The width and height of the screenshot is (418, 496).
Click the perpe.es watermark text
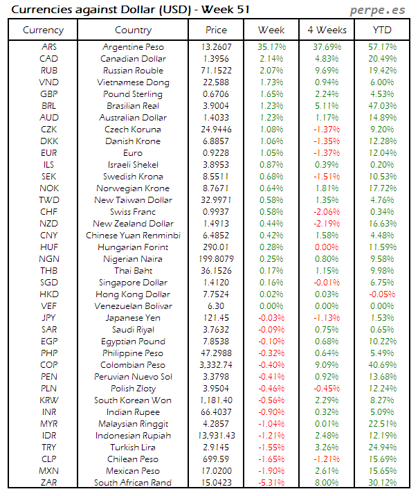377,10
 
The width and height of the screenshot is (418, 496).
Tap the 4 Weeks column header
327,30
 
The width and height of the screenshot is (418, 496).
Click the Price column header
216,30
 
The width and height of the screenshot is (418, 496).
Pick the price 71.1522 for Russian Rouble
216,71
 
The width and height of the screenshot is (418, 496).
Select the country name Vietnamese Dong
133,82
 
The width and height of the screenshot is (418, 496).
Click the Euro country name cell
133,153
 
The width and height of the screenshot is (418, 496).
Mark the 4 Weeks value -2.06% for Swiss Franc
327,212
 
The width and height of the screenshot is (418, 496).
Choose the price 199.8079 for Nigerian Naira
216,259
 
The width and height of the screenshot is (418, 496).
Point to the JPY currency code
49,318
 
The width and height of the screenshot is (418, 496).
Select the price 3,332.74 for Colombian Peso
216,365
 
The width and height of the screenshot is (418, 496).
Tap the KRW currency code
49,400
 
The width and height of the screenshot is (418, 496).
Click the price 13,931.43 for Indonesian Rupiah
216,436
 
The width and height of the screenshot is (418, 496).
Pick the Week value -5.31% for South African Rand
271,483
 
